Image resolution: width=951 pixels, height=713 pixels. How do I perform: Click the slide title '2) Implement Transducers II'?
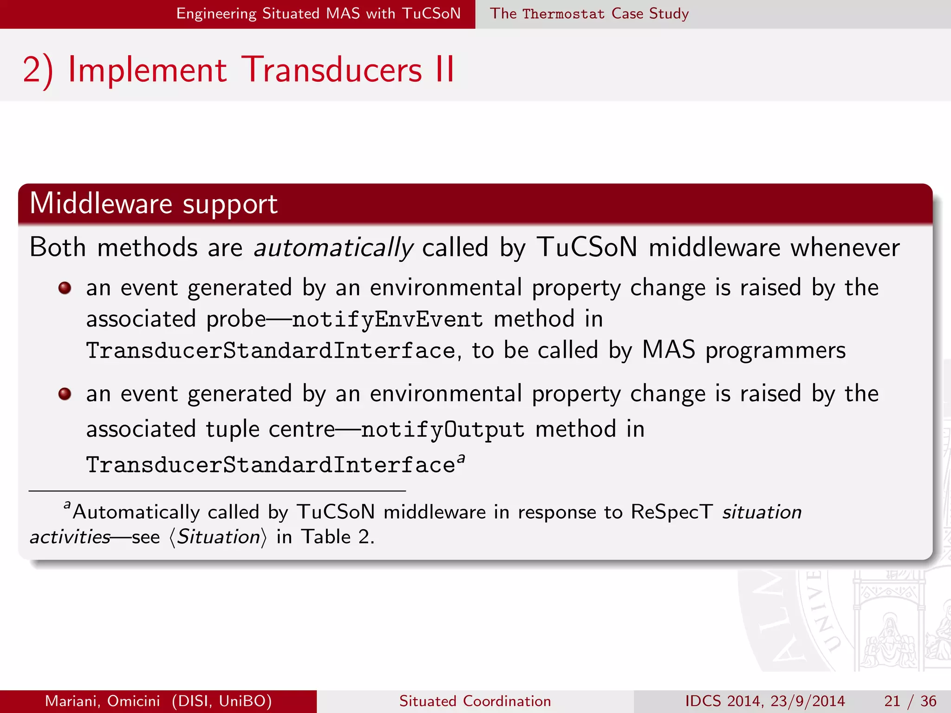238,70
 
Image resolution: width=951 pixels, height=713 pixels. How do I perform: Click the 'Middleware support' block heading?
153,204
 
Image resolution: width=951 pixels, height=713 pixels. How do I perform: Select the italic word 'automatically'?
333,247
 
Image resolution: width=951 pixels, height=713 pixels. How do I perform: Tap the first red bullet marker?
65,288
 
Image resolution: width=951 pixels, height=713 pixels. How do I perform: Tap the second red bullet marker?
65,394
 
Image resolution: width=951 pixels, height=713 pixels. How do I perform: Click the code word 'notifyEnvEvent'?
387,319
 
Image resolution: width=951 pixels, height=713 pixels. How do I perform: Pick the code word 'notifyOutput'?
443,429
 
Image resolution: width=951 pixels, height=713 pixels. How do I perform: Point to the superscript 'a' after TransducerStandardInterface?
461,459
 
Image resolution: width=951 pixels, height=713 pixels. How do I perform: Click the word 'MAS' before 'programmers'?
668,350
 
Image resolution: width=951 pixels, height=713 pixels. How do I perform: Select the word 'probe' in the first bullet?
236,319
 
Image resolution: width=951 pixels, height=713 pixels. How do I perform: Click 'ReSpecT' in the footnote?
671,512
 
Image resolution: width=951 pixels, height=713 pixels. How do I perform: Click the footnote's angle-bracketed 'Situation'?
218,537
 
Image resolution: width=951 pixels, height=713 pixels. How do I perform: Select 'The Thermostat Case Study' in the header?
589,13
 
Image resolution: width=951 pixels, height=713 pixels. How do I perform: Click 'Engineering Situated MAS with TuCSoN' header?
318,13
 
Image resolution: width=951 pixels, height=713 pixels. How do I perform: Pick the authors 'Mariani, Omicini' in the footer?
103,701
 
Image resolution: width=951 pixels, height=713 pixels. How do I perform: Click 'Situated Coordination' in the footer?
475,701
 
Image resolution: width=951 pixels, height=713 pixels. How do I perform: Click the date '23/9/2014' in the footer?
808,701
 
